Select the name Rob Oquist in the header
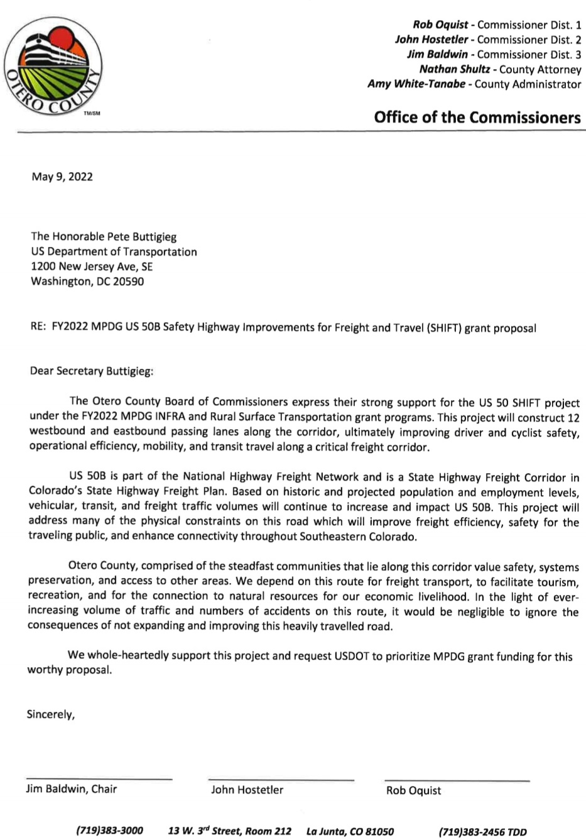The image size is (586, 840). [x=440, y=25]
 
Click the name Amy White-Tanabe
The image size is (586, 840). [x=416, y=84]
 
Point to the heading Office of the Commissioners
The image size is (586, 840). [x=477, y=117]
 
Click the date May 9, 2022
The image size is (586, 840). [x=62, y=177]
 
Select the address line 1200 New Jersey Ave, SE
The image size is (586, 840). [x=92, y=266]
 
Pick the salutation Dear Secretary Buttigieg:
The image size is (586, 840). [x=92, y=371]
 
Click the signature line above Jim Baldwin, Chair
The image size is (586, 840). [x=99, y=779]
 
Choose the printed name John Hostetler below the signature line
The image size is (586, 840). [x=247, y=790]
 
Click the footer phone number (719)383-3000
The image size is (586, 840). [x=109, y=831]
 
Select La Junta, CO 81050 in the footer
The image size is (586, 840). [x=350, y=831]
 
